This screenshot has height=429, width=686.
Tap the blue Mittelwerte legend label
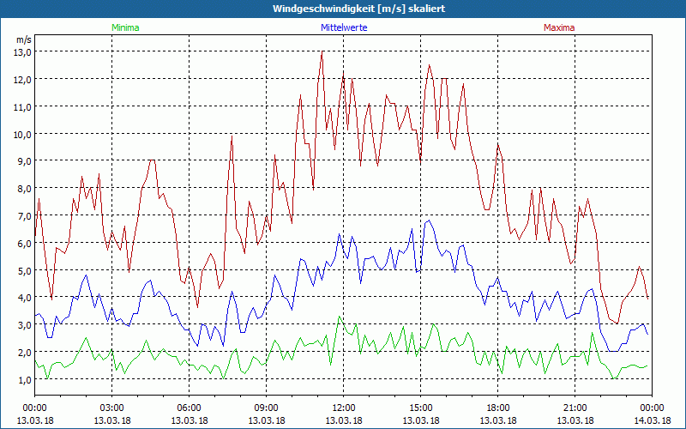click(x=343, y=27)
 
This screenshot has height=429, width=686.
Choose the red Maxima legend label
click(x=559, y=27)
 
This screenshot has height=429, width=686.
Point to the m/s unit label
click(x=23, y=39)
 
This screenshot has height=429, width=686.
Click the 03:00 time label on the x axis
click(x=112, y=408)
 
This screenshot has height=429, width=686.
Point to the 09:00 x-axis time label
click(x=266, y=408)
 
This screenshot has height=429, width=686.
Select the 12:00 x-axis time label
click(x=343, y=408)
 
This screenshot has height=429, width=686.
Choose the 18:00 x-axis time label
click(x=497, y=408)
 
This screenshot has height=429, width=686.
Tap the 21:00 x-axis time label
click(x=575, y=408)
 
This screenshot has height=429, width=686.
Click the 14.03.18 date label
click(x=652, y=420)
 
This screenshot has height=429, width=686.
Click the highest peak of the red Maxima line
click(x=322, y=52)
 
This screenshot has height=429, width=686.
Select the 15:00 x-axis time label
click(x=420, y=408)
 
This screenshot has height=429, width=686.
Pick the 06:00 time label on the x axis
click(x=190, y=408)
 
